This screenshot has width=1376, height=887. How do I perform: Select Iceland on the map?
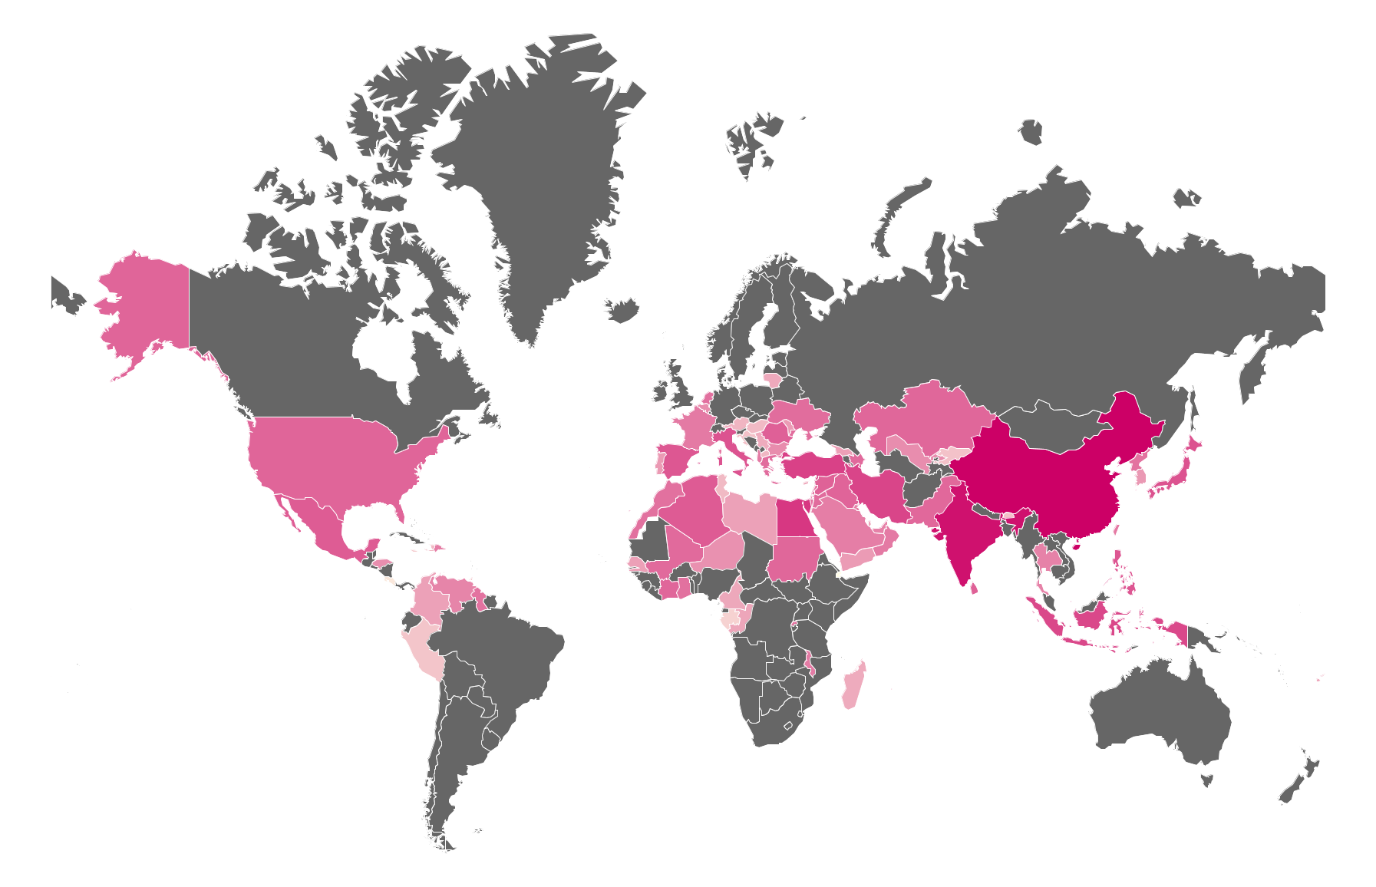(623, 310)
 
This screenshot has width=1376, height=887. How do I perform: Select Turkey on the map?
(813, 465)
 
